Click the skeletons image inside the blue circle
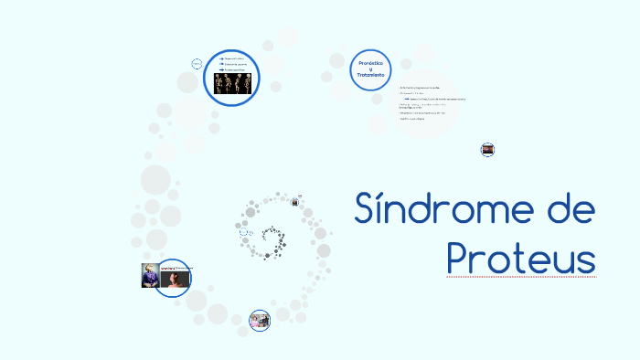coord(233,84)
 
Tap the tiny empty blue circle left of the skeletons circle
coord(197,64)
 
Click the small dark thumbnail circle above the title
coord(487,149)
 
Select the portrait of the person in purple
coord(150,275)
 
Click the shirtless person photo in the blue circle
coord(175,279)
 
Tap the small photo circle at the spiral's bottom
coord(260,320)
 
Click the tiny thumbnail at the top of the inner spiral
coord(295,202)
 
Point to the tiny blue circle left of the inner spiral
coord(244,233)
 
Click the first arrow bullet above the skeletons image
coord(222,58)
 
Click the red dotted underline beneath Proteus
coord(521,276)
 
